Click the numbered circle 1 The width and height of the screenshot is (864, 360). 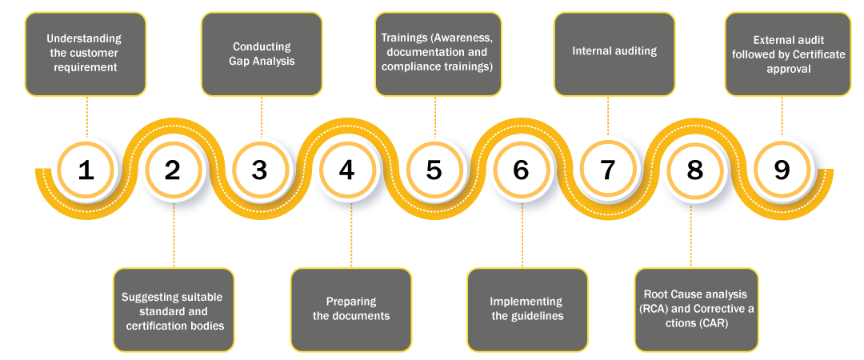(86, 170)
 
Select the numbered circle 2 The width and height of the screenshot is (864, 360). (173, 170)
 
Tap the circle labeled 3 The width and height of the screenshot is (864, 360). (259, 170)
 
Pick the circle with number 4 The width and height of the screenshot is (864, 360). (346, 170)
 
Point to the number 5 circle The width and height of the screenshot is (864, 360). (434, 170)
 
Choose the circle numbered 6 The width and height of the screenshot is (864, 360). (521, 170)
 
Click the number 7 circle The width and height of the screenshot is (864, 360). (608, 170)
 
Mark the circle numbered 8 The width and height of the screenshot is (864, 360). (694, 170)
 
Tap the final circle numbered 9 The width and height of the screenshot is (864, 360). (782, 170)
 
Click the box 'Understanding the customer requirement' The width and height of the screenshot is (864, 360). (86, 54)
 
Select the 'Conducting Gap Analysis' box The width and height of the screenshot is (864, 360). (262, 54)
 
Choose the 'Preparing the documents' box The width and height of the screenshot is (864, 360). (351, 309)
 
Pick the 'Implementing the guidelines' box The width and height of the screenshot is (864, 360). (527, 309)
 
